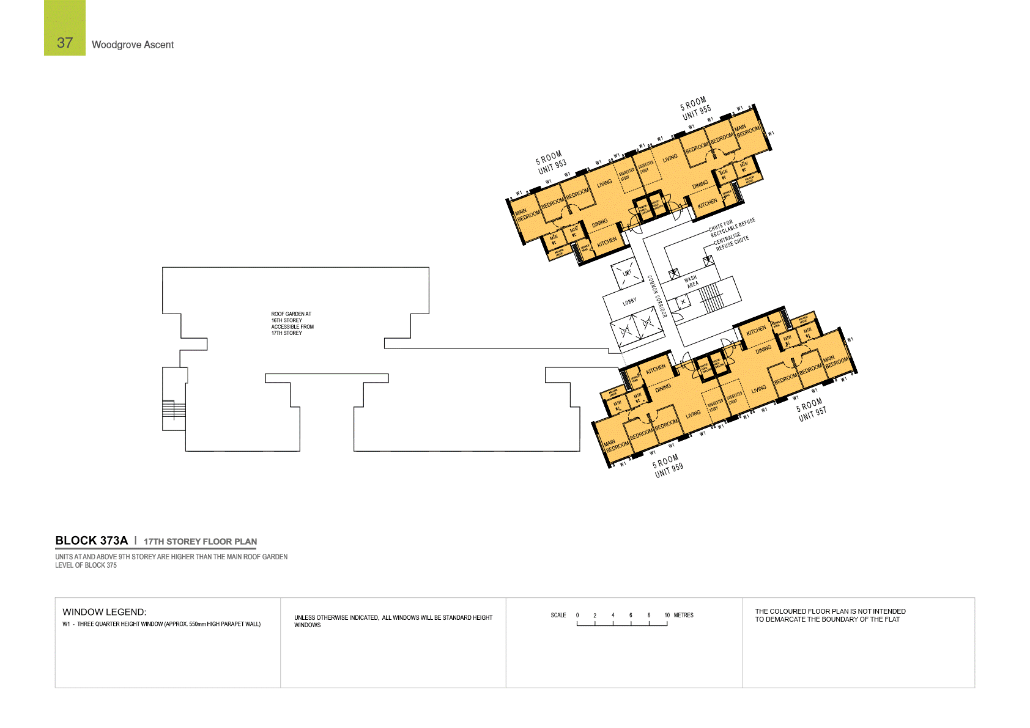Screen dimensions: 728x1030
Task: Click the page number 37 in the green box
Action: point(65,43)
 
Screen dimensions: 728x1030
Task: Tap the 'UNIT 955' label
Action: point(697,112)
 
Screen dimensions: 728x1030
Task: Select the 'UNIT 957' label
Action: point(812,414)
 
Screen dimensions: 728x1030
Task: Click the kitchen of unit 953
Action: point(607,243)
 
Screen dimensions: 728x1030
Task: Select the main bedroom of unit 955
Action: point(747,130)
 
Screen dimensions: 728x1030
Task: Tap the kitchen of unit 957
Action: point(756,330)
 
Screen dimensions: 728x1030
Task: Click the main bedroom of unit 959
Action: point(617,444)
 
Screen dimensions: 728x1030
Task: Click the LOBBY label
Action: point(629,301)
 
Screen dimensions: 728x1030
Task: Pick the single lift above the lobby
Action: point(626,273)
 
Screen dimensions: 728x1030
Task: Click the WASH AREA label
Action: point(691,281)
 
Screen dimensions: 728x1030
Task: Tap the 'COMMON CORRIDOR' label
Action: point(657,296)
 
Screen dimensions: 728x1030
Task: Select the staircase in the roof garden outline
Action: point(174,409)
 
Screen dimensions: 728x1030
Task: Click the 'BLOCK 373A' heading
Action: point(92,540)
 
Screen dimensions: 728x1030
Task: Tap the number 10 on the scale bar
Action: point(667,615)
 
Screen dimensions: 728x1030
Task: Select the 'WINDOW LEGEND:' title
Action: point(105,612)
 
